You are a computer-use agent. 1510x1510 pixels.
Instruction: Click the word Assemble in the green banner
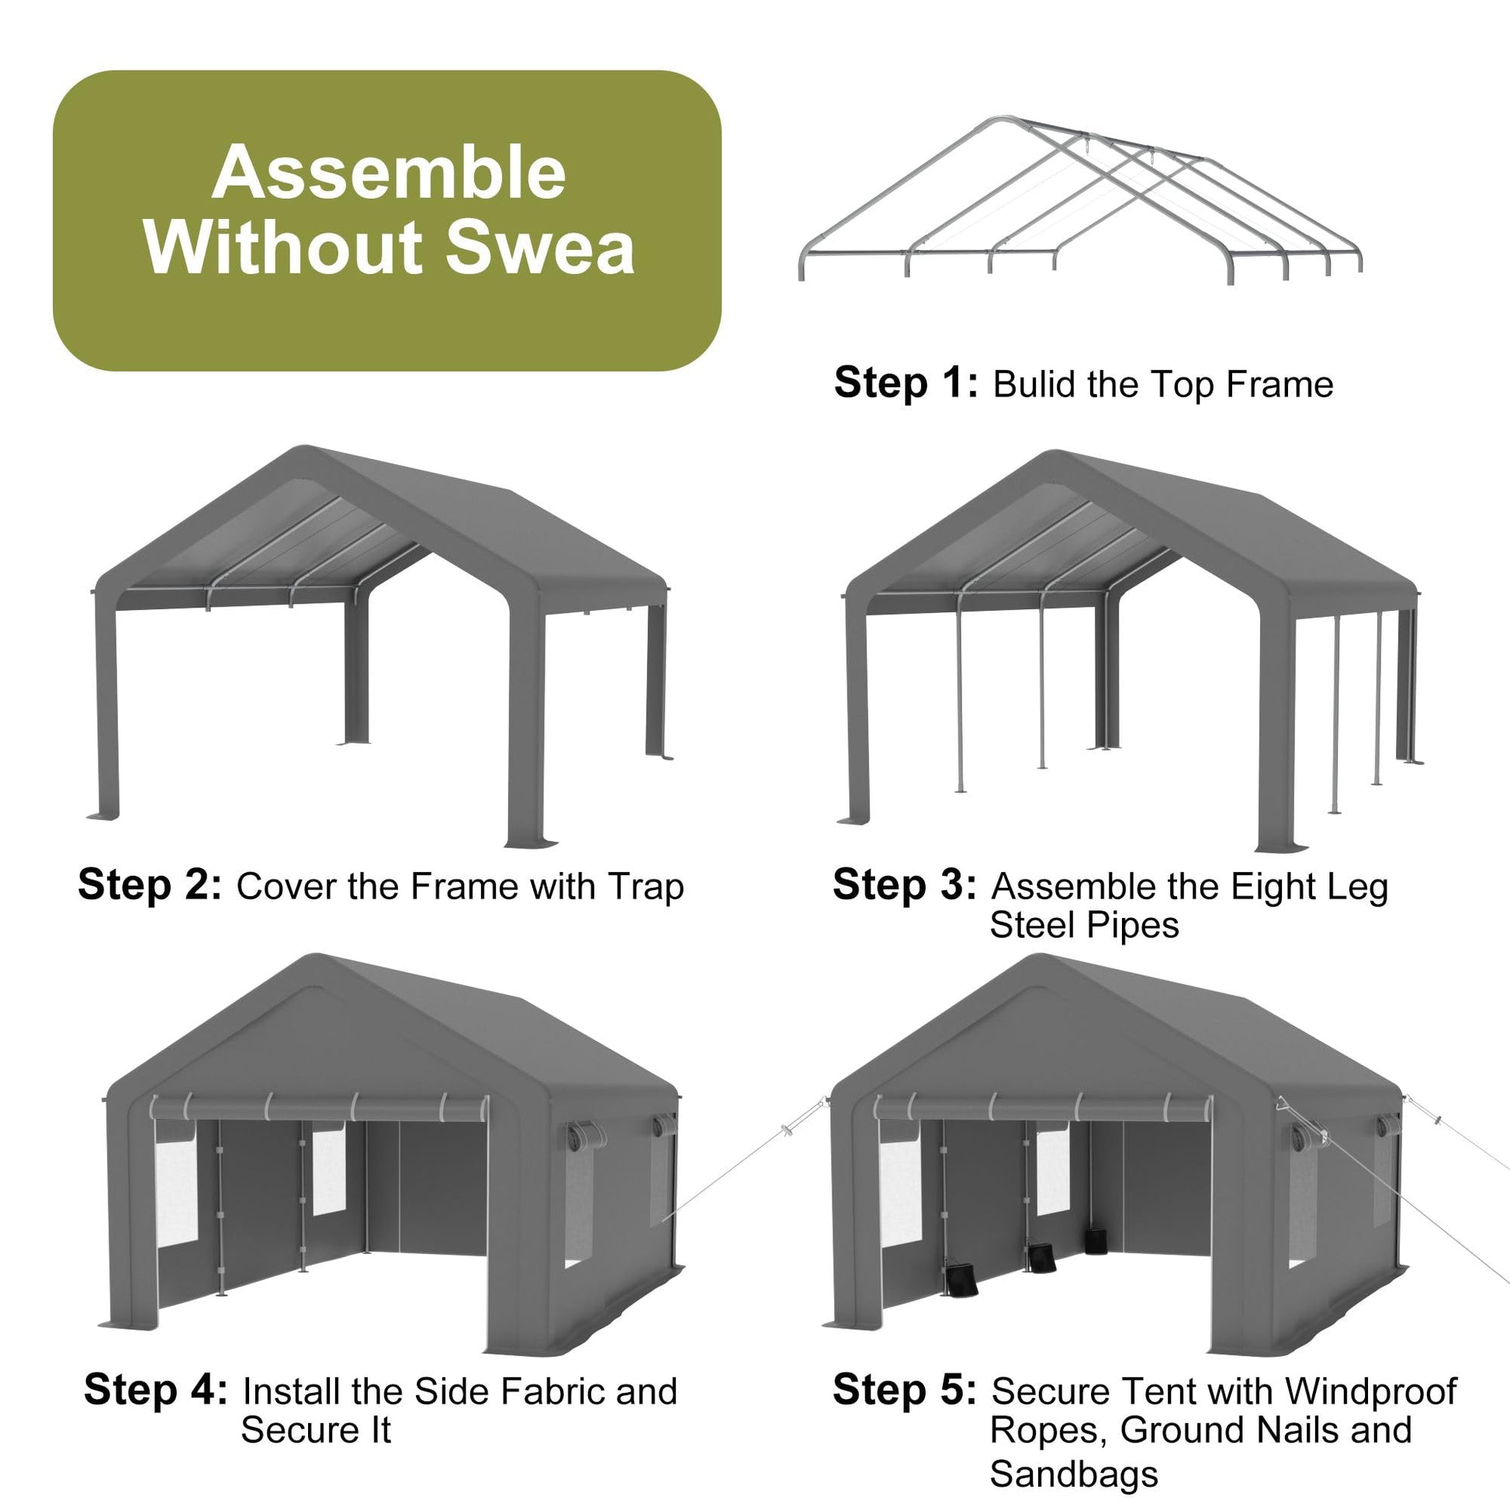point(389,173)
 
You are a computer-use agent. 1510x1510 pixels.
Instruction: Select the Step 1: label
point(905,383)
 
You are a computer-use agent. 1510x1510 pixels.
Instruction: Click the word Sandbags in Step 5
point(1074,1474)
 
